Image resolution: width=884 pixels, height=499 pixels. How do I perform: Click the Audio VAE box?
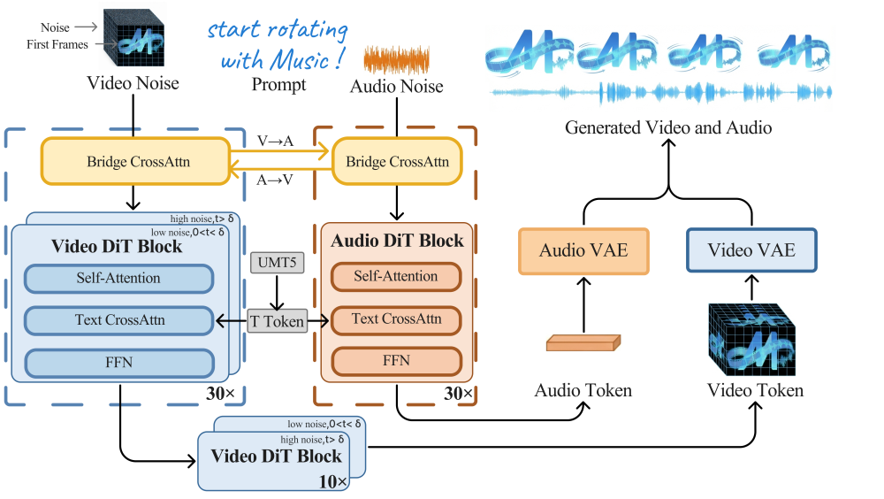tap(583, 250)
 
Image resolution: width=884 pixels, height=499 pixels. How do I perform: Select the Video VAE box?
tap(751, 250)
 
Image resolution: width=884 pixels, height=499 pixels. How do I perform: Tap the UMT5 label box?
tap(278, 263)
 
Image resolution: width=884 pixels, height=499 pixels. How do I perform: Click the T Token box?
tap(278, 322)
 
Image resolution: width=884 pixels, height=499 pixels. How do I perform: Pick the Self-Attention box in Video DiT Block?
tap(118, 279)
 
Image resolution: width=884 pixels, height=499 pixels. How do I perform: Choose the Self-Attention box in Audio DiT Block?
tap(396, 277)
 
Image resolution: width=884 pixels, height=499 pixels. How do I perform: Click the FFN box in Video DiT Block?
tap(118, 363)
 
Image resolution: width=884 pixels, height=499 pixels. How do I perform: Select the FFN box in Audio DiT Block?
tap(396, 361)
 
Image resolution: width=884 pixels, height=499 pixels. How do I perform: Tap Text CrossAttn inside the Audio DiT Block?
tap(396, 319)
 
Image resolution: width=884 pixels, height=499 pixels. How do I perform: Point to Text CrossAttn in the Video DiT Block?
tap(118, 320)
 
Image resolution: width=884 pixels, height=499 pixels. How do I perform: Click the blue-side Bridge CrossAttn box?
tap(139, 162)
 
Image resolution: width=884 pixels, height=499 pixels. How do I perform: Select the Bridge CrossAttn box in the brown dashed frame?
tap(397, 162)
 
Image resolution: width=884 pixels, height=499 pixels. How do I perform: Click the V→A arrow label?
tap(275, 142)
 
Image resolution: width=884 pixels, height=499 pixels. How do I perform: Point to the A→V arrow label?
tap(275, 180)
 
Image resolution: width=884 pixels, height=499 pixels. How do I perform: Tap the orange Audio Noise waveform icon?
tap(397, 60)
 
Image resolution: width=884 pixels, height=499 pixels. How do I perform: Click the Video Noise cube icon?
tap(133, 36)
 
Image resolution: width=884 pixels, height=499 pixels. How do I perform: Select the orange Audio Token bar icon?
tap(583, 342)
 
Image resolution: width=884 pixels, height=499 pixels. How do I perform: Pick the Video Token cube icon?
tap(751, 339)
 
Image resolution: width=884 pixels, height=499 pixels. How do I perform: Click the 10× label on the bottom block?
tap(333, 480)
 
